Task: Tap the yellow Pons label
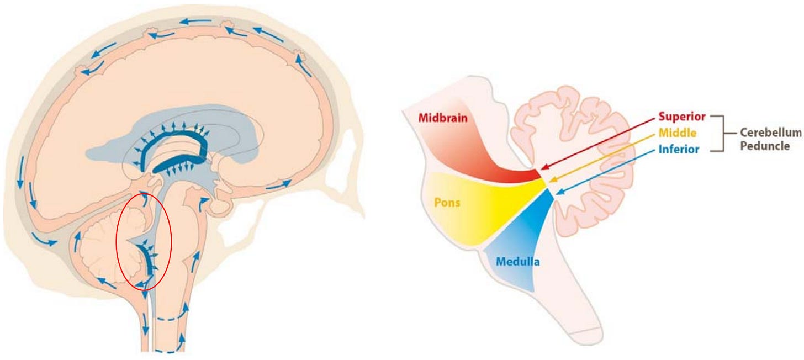(447, 202)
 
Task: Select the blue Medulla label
(517, 261)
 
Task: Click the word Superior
(682, 117)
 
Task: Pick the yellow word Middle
(678, 133)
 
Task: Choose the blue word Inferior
(679, 149)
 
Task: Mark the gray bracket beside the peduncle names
(717, 133)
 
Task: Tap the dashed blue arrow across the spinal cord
(170, 319)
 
